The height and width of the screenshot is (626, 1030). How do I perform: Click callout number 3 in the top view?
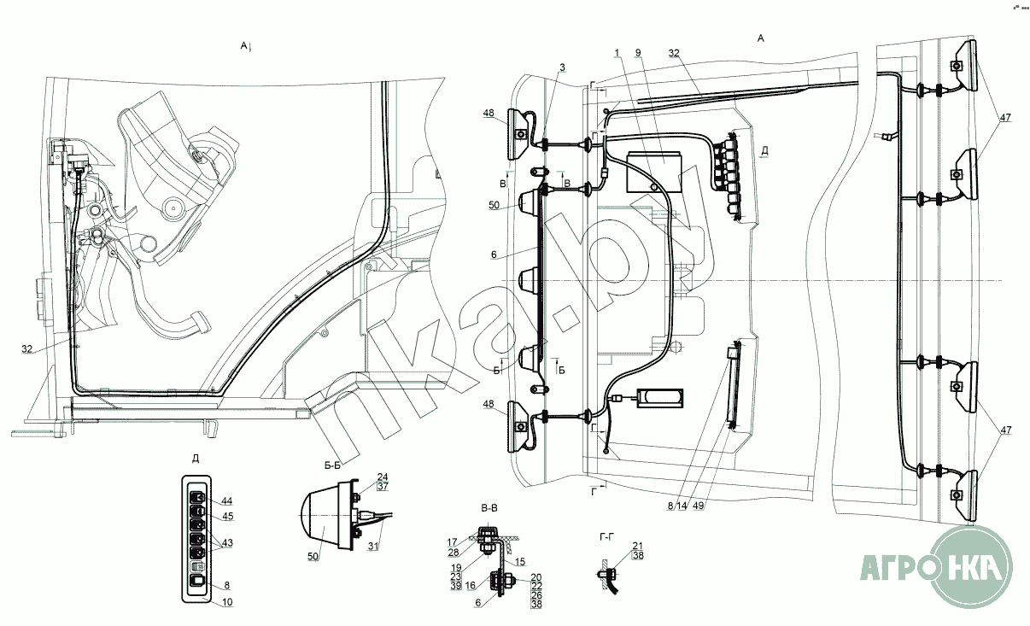click(562, 67)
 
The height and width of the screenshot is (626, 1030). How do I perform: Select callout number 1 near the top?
click(616, 53)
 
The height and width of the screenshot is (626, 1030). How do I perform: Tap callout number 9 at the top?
click(637, 53)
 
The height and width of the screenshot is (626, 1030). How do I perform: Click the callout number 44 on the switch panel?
click(226, 500)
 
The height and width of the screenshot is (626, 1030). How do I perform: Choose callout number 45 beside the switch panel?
click(227, 516)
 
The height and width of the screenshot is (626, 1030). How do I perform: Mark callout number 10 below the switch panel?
click(226, 602)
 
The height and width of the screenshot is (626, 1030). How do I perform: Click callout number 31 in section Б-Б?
click(372, 547)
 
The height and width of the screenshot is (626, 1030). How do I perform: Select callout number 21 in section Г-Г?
click(637, 545)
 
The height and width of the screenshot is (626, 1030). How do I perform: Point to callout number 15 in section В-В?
click(520, 561)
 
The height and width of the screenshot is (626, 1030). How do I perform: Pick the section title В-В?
click(490, 508)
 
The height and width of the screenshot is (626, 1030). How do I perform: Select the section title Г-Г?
click(608, 535)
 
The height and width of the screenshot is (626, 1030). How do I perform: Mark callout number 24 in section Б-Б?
click(383, 477)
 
